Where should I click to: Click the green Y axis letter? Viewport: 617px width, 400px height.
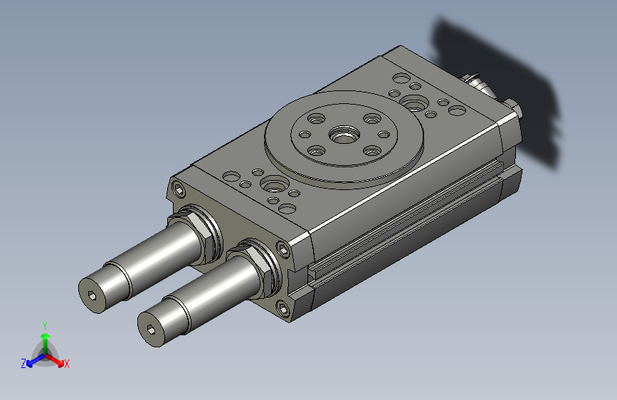click(x=45, y=325)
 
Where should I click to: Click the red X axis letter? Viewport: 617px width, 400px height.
click(x=66, y=364)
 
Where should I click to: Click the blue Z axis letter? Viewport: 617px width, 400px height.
click(x=23, y=364)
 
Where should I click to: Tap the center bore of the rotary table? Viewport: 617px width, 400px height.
click(x=344, y=135)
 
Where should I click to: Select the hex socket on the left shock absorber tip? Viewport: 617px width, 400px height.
click(x=93, y=295)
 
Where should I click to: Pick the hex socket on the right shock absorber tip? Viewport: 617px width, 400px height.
click(x=152, y=329)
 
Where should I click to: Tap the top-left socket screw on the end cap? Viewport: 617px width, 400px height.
click(x=179, y=190)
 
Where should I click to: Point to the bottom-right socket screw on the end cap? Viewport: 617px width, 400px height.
click(x=283, y=309)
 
